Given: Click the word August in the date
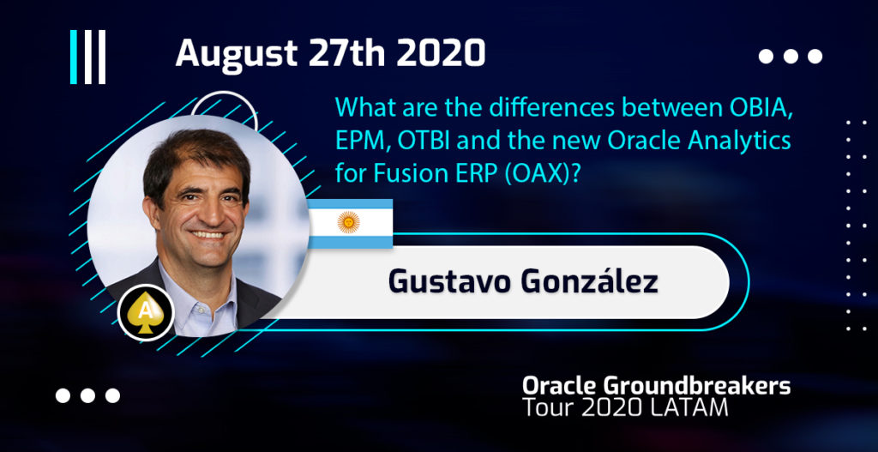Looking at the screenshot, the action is click(237, 55).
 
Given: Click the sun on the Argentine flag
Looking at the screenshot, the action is click(348, 223).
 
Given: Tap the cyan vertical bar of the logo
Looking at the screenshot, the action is click(74, 57).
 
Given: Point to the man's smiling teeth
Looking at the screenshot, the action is click(208, 235).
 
